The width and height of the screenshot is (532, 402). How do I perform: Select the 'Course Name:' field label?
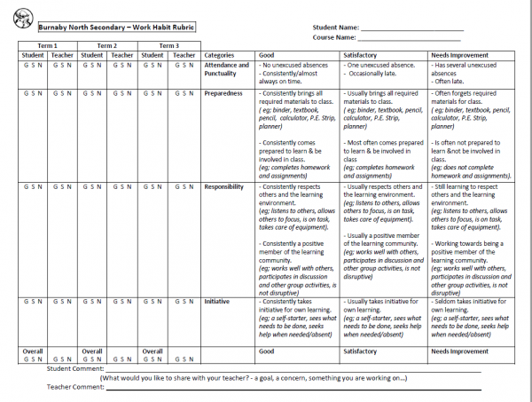coord(336,38)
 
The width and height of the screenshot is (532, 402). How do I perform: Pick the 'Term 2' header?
coord(106,45)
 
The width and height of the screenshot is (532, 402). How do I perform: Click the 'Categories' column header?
coord(220,55)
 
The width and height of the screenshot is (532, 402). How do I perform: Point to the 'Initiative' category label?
coord(218,301)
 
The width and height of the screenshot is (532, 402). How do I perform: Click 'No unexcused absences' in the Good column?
coord(296,65)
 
